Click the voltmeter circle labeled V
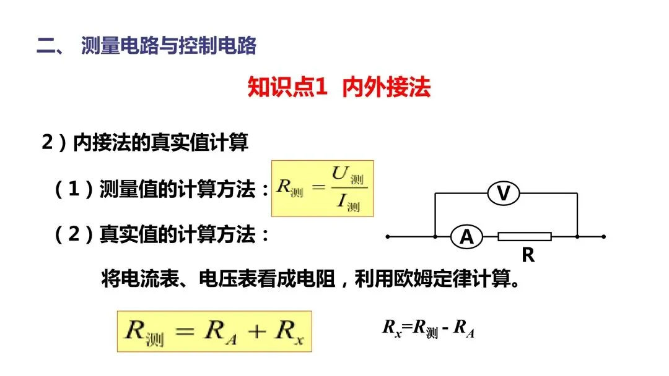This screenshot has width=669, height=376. coord(504,194)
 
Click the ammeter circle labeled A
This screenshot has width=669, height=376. coord(466,236)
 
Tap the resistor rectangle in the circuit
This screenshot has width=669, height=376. coord(525,236)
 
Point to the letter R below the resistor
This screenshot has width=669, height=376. coord(528,255)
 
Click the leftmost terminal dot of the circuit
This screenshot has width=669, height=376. coord(388,236)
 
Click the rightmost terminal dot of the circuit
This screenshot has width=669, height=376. coord(603,236)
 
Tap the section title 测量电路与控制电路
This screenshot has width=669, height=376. coord(168,46)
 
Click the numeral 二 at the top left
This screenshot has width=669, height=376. coord(46,46)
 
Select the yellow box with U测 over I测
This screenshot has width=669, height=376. coord(323,189)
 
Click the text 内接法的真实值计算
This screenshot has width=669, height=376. coord(160,143)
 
